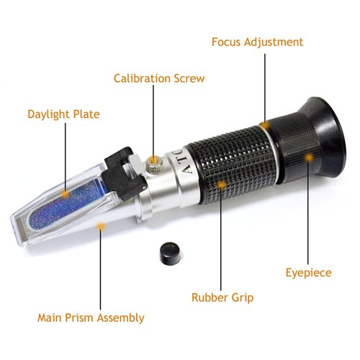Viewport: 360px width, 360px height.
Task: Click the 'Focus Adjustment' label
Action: point(257,41)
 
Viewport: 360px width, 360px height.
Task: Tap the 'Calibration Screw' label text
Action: point(159,78)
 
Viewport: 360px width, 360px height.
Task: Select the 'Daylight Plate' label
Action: point(63,114)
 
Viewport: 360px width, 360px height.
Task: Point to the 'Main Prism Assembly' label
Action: point(91,317)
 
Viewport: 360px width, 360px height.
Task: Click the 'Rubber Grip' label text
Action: point(222,296)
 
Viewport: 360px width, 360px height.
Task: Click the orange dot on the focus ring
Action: point(266,125)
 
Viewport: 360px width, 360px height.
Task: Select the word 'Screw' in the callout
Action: point(189,78)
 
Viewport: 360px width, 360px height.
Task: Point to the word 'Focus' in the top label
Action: point(228,41)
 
